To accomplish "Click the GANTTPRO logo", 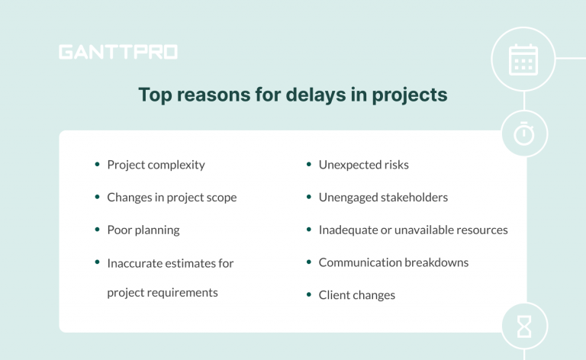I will coord(118,53).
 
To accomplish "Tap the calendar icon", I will coord(523,59).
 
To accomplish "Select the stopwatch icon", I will coord(523,134).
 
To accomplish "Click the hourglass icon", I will coord(523,326).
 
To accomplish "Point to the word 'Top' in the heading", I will coord(153,95).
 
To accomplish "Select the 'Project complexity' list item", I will coord(156,165).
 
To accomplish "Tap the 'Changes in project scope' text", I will coord(172,198).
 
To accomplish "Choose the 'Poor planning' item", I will coord(143,230).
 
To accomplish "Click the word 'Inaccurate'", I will coord(134,263).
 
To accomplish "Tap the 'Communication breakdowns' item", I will coord(393,262).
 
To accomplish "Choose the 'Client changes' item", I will coord(356,295).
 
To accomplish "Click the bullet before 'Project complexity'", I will coord(97,164).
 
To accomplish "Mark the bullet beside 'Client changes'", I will coord(308,294).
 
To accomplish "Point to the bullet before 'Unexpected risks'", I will coord(308,164).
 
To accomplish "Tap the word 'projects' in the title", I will coord(411,96).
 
